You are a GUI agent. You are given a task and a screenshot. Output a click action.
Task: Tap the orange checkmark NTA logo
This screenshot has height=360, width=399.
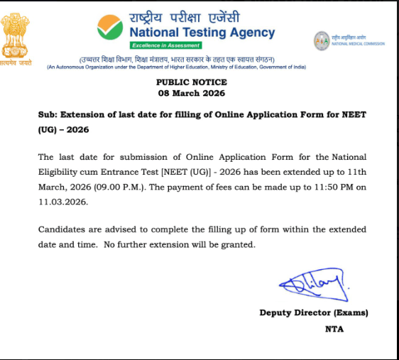tap(111, 28)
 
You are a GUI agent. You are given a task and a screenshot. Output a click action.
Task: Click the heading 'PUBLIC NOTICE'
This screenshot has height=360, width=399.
tap(191, 82)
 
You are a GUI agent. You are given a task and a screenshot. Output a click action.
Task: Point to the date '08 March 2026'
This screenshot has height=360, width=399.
tap(191, 93)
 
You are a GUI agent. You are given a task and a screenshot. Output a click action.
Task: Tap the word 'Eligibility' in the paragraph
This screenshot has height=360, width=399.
tap(62, 172)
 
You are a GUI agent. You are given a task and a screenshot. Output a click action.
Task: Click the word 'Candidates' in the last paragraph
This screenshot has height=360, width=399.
tap(64, 229)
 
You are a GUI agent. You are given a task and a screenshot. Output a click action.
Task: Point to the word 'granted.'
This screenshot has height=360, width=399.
tap(238, 245)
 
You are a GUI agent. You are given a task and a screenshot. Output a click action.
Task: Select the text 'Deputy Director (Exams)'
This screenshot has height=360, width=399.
tap(314, 312)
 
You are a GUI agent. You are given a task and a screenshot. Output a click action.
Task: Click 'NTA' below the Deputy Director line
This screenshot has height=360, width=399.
tap(334, 329)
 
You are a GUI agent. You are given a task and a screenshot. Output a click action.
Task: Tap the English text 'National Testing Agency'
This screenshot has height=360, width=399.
tap(202, 32)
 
